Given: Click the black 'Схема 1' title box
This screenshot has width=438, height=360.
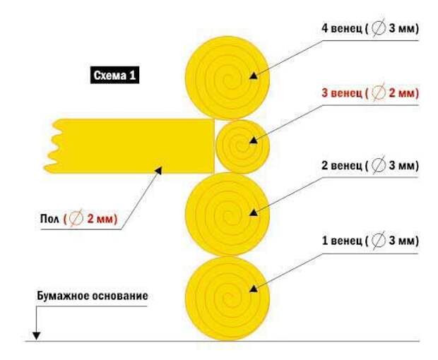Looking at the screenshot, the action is tap(114, 75).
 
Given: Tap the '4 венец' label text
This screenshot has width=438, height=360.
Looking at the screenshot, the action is tap(342, 28).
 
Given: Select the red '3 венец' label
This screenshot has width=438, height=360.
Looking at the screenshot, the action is tap(341, 92).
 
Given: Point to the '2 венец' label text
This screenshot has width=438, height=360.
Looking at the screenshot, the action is tap(342, 165).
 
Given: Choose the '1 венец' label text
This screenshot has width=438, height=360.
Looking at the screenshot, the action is tap(342, 240).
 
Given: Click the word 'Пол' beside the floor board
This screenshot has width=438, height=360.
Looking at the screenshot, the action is tap(49, 219).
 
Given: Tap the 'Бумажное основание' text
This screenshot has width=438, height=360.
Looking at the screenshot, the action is tap(93, 296).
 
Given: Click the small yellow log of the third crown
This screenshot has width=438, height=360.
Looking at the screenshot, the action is tap(242, 146).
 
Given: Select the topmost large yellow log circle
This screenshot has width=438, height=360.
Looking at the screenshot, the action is tap(227, 78).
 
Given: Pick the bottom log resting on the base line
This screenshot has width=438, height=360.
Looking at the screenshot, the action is tap(227, 299).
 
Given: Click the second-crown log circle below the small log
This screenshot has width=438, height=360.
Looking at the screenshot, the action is tap(227, 215).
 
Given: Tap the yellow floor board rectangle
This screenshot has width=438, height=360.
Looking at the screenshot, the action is tap(129, 146).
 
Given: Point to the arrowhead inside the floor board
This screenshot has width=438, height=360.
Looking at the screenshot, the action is tap(159, 170).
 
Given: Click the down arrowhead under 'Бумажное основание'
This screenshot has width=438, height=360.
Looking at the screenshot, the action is tap(36, 336).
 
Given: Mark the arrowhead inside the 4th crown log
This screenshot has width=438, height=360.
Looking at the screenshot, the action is tap(254, 76).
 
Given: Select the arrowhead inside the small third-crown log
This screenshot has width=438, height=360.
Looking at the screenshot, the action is tap(254, 140).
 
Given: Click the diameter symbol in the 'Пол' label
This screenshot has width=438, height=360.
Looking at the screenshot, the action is tap(76, 218).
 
